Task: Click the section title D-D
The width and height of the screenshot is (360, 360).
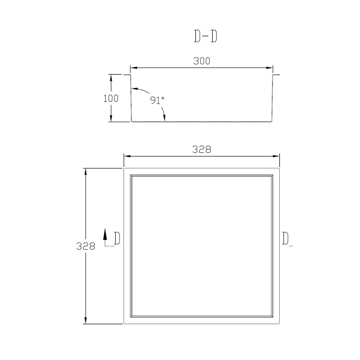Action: click(x=205, y=36)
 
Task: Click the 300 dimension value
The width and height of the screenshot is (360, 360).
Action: click(x=202, y=61)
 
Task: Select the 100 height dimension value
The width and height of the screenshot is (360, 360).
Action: click(x=111, y=98)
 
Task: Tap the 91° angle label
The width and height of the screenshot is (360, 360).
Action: click(x=157, y=100)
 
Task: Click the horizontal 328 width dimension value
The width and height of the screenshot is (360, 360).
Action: click(x=202, y=149)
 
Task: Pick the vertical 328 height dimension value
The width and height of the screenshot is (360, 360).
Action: click(x=86, y=246)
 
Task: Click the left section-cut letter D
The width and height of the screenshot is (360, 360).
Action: click(x=117, y=238)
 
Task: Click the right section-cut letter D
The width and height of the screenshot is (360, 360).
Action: click(x=285, y=238)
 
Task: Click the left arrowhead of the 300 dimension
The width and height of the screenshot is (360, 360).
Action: click(x=134, y=67)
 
